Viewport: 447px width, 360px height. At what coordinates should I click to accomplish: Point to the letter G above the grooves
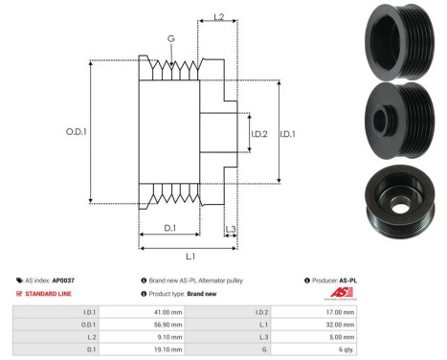(170, 40)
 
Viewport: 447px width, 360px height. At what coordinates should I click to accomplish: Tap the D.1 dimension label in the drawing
(168, 228)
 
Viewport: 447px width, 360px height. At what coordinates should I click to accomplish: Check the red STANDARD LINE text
(50, 293)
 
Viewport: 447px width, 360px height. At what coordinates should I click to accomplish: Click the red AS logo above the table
(342, 293)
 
